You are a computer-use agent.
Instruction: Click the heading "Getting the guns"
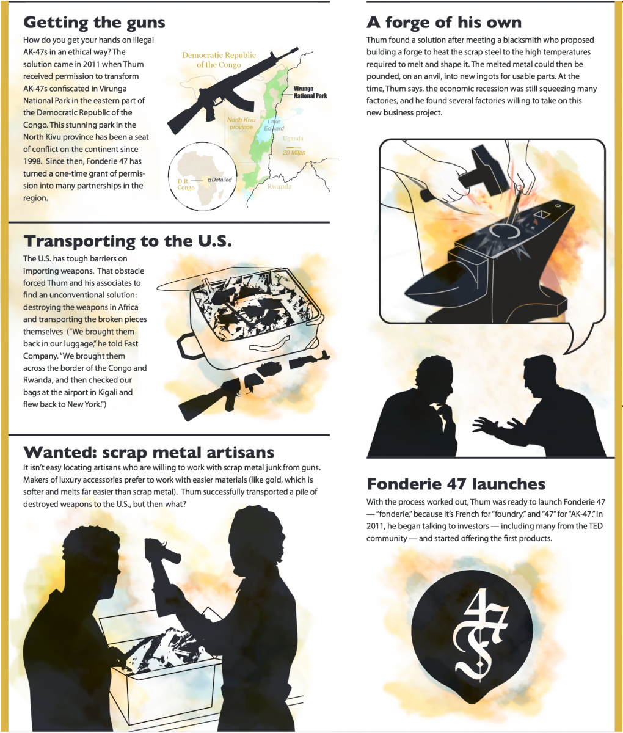(x=94, y=23)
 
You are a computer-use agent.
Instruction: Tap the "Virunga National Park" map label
(x=310, y=92)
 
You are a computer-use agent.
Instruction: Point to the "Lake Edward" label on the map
(x=274, y=125)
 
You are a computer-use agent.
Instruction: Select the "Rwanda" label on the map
(x=279, y=186)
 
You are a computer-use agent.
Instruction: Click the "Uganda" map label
(x=293, y=138)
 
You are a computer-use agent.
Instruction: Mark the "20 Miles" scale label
(x=294, y=153)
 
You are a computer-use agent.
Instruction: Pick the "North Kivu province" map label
(x=241, y=123)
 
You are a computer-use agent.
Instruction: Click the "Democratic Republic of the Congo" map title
(x=219, y=60)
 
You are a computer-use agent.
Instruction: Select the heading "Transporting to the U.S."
(x=128, y=241)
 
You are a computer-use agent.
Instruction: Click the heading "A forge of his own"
(x=444, y=23)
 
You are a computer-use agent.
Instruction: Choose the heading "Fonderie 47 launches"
(x=456, y=484)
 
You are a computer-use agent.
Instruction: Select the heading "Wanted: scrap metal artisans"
(x=148, y=453)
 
